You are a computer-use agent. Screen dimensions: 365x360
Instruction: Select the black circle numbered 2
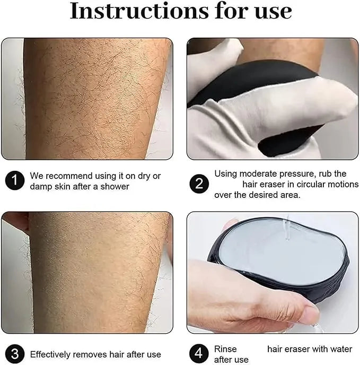[x=199, y=184]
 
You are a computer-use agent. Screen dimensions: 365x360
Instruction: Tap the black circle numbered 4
[x=199, y=353]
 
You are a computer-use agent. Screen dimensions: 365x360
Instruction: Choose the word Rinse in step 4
[x=225, y=349]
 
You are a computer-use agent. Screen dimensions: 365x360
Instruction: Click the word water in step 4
[x=340, y=349]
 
